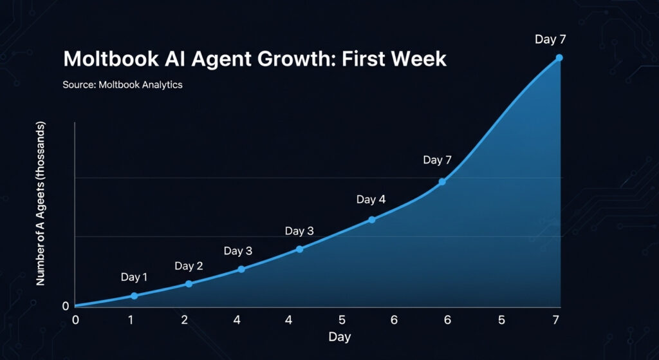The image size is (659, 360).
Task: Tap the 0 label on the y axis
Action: (66, 306)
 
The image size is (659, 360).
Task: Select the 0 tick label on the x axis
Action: (75, 320)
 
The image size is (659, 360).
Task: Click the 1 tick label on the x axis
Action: (131, 320)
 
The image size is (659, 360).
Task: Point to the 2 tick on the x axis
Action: (185, 320)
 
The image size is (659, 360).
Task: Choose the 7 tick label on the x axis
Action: (556, 320)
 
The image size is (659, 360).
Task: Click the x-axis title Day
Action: (339, 337)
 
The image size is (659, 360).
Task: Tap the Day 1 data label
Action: (134, 278)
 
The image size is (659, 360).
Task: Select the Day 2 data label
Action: (189, 266)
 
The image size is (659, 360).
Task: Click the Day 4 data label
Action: (371, 200)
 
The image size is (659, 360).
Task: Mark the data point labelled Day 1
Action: (134, 296)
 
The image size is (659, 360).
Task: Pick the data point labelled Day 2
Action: (189, 283)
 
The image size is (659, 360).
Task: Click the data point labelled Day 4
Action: (372, 220)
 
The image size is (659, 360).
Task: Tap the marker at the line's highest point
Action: (559, 58)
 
